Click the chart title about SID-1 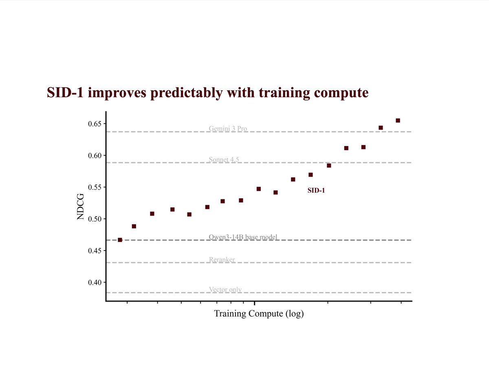pyautogui.click(x=207, y=93)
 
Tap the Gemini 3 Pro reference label pyautogui.click(x=228, y=129)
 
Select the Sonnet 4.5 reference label pyautogui.click(x=224, y=160)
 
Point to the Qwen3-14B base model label pyautogui.click(x=243, y=237)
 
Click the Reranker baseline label pyautogui.click(x=222, y=259)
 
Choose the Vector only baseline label pyautogui.click(x=225, y=290)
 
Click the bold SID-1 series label pyautogui.click(x=316, y=190)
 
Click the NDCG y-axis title pyautogui.click(x=81, y=207)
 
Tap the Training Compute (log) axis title pyautogui.click(x=259, y=314)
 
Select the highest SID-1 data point pyautogui.click(x=398, y=120)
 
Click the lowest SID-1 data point pyautogui.click(x=120, y=240)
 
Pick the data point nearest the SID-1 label pyautogui.click(x=311, y=175)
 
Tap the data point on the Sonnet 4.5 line pyautogui.click(x=329, y=166)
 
